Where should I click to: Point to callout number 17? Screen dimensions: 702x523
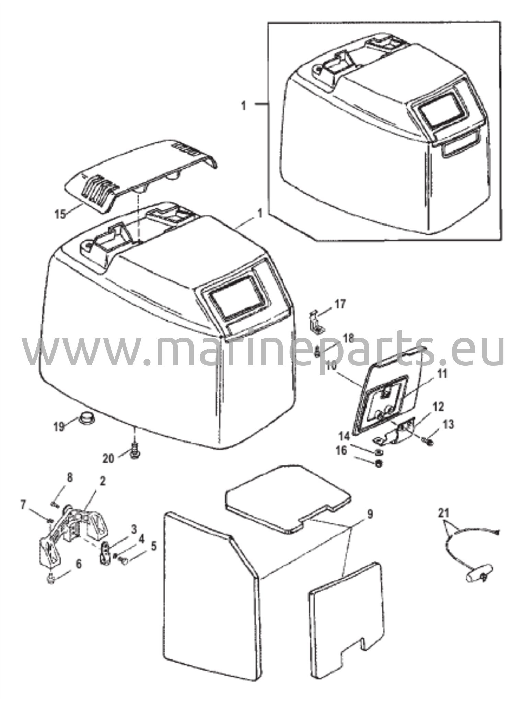tap(340, 304)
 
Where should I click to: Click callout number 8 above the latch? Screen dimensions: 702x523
tap(69, 478)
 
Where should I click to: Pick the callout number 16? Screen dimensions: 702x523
tap(341, 450)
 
